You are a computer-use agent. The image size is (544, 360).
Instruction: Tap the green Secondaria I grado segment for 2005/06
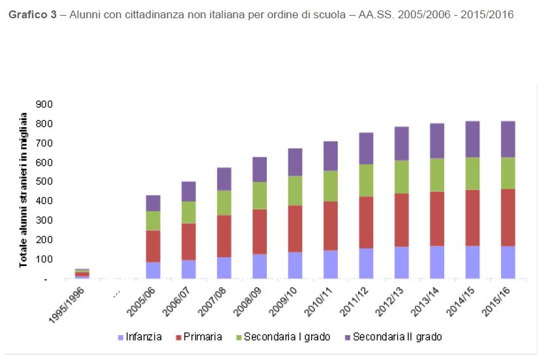(x=153, y=220)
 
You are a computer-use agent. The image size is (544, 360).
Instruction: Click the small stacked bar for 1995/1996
(x=82, y=273)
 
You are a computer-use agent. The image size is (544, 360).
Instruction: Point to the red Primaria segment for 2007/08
(x=224, y=236)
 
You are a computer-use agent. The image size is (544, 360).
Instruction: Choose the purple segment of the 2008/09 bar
(x=260, y=169)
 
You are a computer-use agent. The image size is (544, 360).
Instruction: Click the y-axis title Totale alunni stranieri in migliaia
(x=23, y=190)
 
